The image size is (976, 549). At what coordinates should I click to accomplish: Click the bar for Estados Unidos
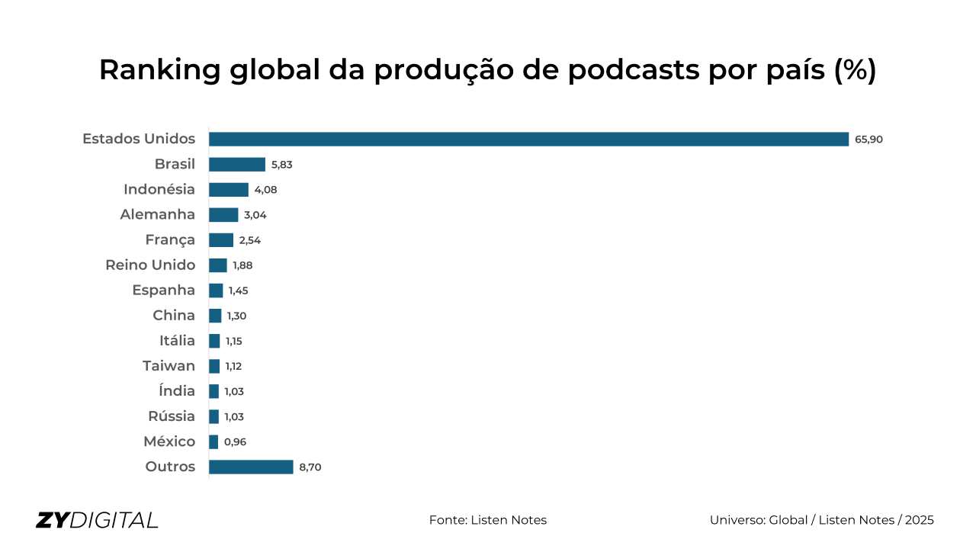point(528,139)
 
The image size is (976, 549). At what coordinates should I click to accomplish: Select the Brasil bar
point(237,164)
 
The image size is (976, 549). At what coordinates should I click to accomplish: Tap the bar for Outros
point(251,467)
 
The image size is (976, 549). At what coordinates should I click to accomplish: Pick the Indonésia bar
point(229,189)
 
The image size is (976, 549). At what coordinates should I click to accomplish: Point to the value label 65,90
point(868,140)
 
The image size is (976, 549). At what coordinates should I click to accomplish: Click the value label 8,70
point(310,467)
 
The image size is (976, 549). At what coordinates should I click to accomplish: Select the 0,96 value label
point(235,442)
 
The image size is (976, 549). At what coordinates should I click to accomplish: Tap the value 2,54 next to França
point(249,240)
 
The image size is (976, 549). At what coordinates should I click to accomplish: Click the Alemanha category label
point(157,214)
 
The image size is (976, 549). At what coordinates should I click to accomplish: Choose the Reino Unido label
point(150,265)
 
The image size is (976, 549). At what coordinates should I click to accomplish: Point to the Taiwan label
point(169,366)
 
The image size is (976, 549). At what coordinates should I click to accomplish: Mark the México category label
point(169,441)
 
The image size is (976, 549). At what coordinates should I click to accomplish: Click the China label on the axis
point(174,315)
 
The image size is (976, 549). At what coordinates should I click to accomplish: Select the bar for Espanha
point(216,291)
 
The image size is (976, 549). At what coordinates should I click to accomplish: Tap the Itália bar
point(214,341)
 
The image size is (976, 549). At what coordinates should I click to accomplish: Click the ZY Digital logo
point(97,520)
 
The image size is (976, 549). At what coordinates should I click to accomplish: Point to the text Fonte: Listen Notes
point(488,520)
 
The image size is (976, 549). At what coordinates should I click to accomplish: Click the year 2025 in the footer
point(919,520)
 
